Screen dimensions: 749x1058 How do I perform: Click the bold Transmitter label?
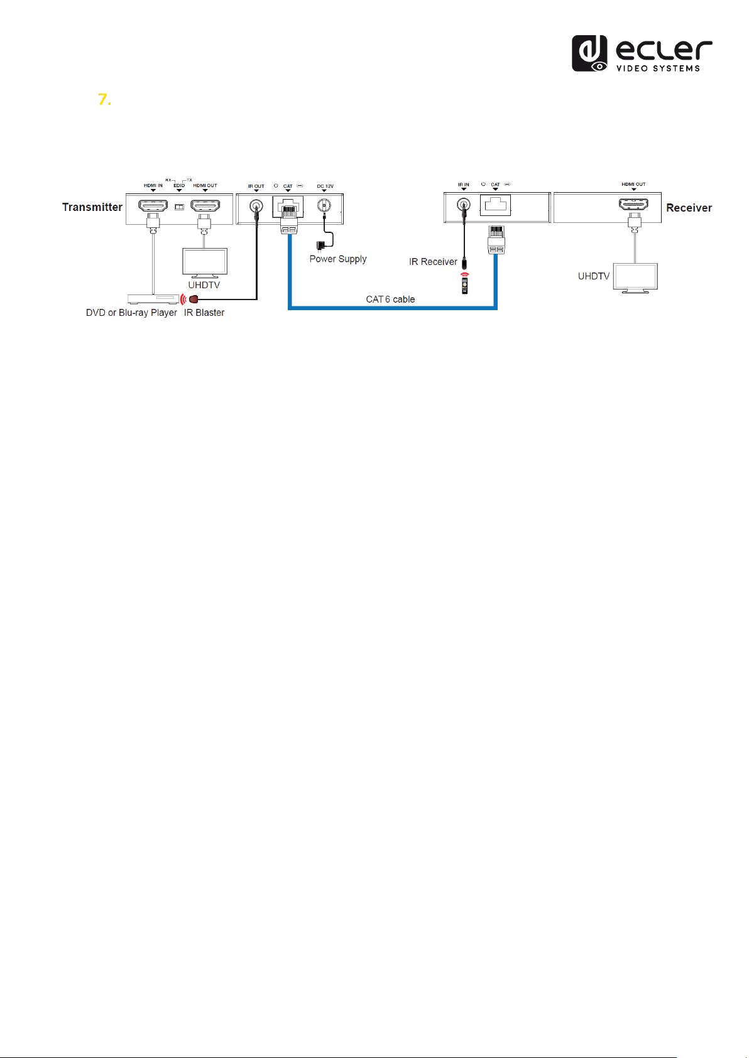click(x=92, y=207)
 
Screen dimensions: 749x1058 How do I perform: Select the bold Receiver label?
click(x=689, y=208)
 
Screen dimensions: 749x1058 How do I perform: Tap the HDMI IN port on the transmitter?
click(x=153, y=206)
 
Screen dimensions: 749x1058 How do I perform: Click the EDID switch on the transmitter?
click(x=179, y=207)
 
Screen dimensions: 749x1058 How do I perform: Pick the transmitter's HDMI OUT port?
click(x=205, y=206)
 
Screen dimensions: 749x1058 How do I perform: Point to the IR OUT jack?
click(x=256, y=207)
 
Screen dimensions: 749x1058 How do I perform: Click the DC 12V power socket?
click(x=324, y=205)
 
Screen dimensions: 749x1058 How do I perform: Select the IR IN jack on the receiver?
click(x=464, y=205)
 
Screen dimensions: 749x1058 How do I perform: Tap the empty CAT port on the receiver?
click(x=495, y=205)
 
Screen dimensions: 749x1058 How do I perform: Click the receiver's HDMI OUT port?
click(x=633, y=204)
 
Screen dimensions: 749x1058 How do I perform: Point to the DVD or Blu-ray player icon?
click(x=153, y=299)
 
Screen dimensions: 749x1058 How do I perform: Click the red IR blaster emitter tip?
click(x=194, y=299)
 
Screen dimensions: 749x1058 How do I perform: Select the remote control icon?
click(x=464, y=286)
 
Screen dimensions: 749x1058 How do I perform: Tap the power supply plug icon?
click(x=321, y=246)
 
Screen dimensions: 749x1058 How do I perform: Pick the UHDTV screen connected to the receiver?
click(x=635, y=278)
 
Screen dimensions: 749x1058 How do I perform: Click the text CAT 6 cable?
click(x=390, y=300)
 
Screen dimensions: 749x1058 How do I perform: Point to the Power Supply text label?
click(x=338, y=259)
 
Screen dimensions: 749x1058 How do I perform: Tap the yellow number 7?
click(x=104, y=100)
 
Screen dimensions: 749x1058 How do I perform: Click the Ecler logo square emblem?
click(x=589, y=53)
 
